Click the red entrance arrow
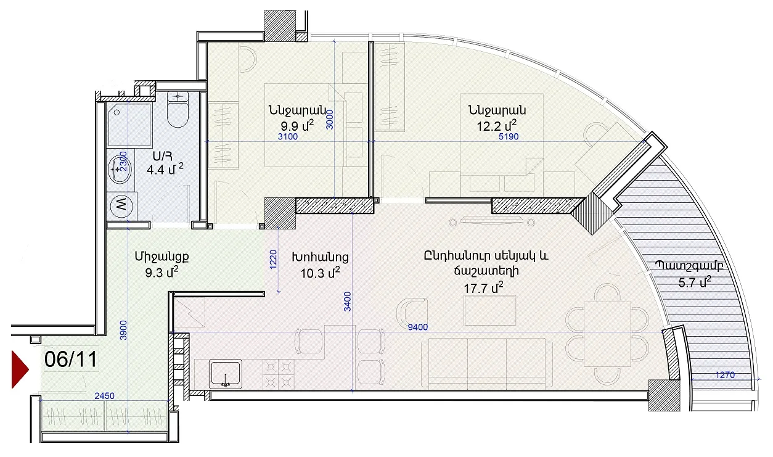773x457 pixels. click(19, 369)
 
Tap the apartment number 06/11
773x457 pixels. click(71, 359)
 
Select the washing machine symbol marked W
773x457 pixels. click(121, 206)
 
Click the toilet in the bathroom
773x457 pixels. click(178, 109)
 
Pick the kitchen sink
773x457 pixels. click(226, 374)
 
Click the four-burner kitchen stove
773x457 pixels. click(279, 374)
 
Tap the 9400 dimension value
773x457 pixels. click(417, 327)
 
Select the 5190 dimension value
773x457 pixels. click(509, 137)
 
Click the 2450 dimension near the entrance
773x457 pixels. click(104, 396)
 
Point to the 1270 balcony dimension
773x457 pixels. click(725, 375)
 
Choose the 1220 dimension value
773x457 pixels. click(273, 260)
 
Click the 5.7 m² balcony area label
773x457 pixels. click(695, 282)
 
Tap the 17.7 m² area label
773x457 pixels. click(483, 287)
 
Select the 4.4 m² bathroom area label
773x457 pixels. click(165, 169)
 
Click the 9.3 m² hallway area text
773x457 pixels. click(162, 273)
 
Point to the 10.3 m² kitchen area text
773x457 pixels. click(320, 273)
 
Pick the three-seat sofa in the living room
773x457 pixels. click(486, 363)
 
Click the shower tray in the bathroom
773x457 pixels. click(129, 125)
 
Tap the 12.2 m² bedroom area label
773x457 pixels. click(497, 126)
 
